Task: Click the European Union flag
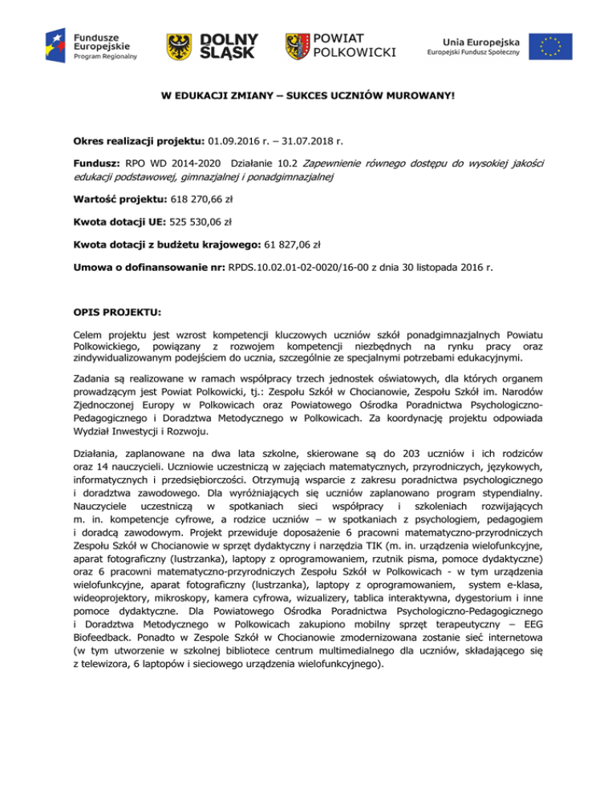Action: pyautogui.click(x=550, y=47)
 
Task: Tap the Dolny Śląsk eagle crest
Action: pyautogui.click(x=179, y=47)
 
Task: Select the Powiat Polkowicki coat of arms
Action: pyautogui.click(x=298, y=47)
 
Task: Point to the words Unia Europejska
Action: pyautogui.click(x=480, y=38)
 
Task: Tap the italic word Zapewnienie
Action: pyautogui.click(x=338, y=163)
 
